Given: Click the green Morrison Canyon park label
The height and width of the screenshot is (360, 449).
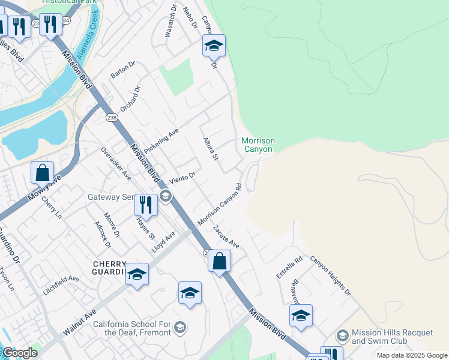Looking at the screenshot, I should point(258,145).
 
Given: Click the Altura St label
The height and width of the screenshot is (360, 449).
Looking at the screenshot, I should point(209,148).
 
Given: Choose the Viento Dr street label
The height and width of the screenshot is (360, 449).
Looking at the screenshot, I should point(182,176).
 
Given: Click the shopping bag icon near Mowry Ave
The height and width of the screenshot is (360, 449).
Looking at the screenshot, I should point(43,173).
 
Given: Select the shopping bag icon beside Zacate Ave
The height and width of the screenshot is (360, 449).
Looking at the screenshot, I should point(220,261).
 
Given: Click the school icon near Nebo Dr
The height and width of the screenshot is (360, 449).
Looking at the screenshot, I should point(214,46).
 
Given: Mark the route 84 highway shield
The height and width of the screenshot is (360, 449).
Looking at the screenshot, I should point(65,21).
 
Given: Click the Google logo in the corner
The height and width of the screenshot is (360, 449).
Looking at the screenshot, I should point(19,353).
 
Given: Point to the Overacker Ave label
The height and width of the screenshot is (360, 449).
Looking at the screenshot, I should point(116,163).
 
